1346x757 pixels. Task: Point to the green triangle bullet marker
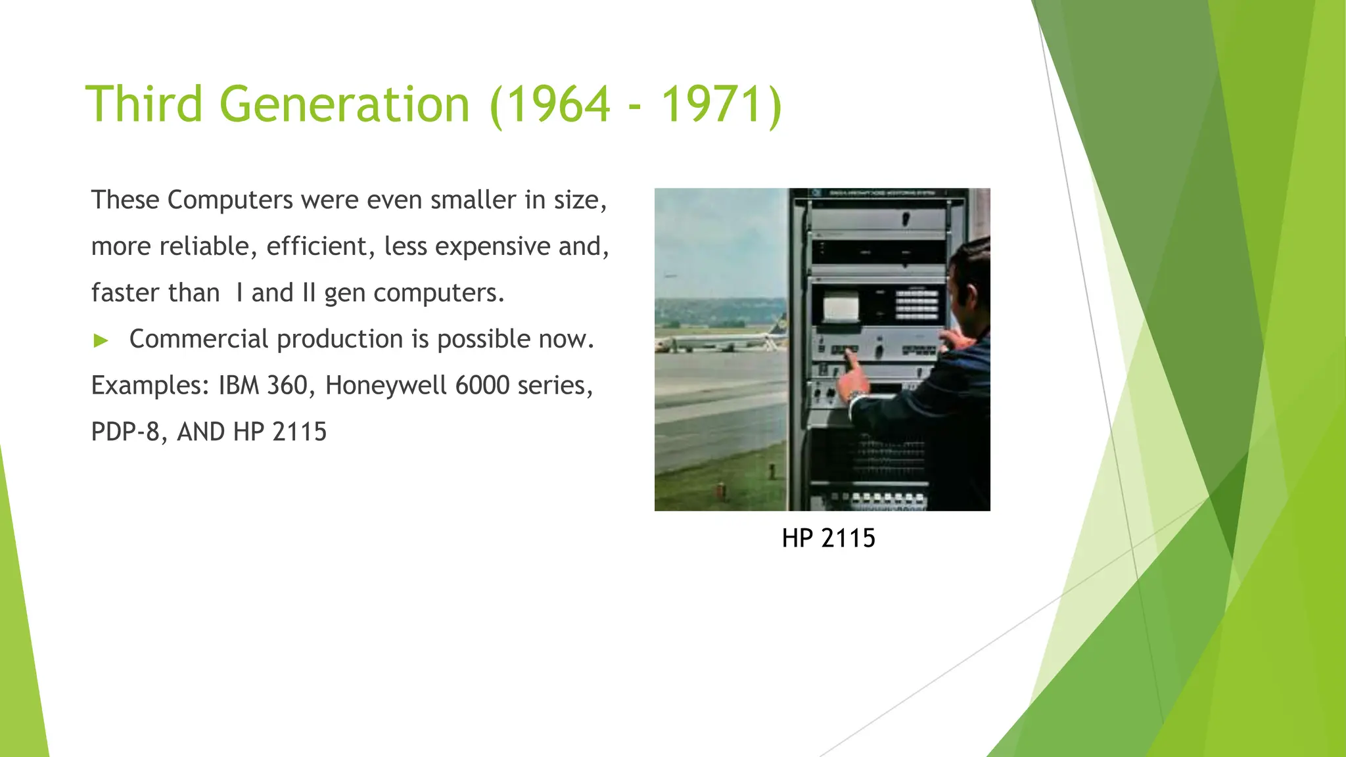tap(101, 340)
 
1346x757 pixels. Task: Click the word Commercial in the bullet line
tap(198, 339)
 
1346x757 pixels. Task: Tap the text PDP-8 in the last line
tap(125, 432)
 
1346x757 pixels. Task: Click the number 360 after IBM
tap(287, 385)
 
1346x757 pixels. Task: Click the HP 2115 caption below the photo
tap(828, 538)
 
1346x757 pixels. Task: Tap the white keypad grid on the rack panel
tap(916, 304)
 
